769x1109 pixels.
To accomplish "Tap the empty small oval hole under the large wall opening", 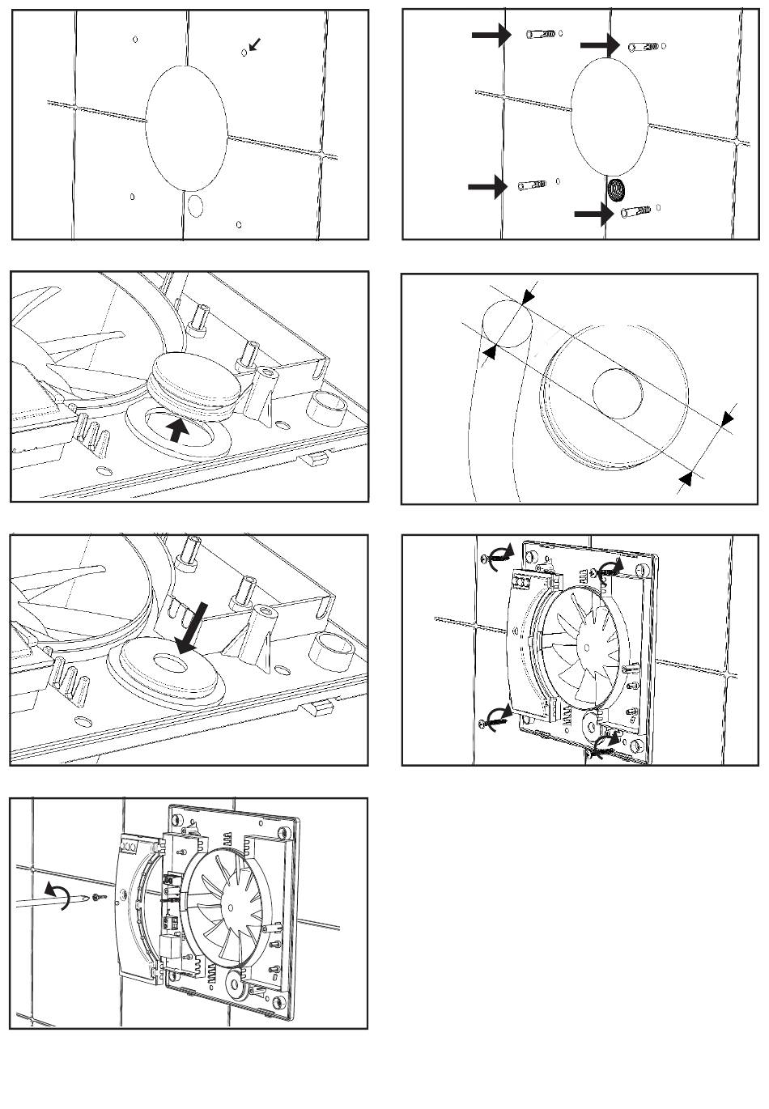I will coord(195,205).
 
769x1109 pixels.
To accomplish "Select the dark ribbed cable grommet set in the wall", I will coord(617,190).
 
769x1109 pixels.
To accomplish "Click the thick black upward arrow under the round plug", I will coord(179,427).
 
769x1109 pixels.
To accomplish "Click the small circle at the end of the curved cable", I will coord(508,324).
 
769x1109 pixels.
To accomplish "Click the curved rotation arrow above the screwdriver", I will coord(57,891).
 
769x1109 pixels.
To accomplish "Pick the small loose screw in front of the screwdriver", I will coord(98,896).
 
